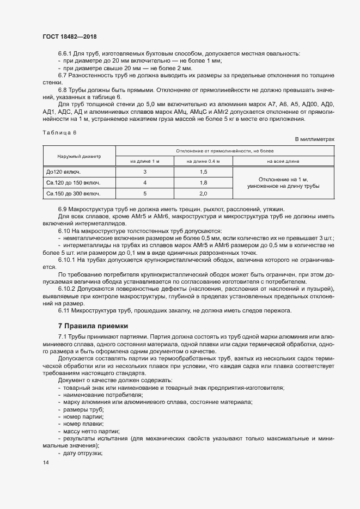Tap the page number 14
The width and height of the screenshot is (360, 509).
pos(45,463)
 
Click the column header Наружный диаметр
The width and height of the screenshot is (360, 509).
pos(80,156)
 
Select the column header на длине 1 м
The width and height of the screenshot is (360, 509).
pos(145,161)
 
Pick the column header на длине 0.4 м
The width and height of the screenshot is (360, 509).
pos(203,161)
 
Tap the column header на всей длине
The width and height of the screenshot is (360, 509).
pos(283,161)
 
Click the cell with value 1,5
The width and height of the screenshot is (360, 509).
pos(203,172)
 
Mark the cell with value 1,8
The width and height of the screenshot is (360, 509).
pos(203,182)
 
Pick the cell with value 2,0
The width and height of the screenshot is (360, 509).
pos(203,193)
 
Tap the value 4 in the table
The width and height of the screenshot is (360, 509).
pos(145,182)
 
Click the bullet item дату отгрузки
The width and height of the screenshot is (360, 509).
pos(83,453)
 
